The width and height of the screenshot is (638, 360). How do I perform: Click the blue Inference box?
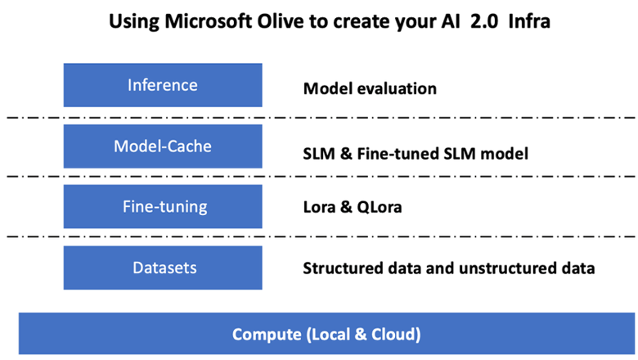[163, 85]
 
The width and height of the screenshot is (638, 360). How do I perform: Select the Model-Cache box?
[163, 146]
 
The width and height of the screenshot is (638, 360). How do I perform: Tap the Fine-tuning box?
[163, 206]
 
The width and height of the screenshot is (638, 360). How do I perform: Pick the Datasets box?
[163, 268]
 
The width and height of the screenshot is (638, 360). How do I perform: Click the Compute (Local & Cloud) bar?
[326, 334]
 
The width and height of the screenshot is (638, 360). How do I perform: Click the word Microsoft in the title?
[209, 21]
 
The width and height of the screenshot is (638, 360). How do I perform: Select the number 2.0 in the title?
[483, 21]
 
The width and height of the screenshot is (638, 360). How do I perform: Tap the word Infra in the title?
[529, 21]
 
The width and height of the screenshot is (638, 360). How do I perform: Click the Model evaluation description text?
[370, 88]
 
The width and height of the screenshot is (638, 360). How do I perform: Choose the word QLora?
[380, 207]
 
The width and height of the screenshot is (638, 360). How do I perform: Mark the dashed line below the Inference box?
[321, 118]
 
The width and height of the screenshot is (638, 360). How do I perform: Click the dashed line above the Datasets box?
[321, 236]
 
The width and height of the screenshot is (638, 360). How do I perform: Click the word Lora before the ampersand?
[319, 207]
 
